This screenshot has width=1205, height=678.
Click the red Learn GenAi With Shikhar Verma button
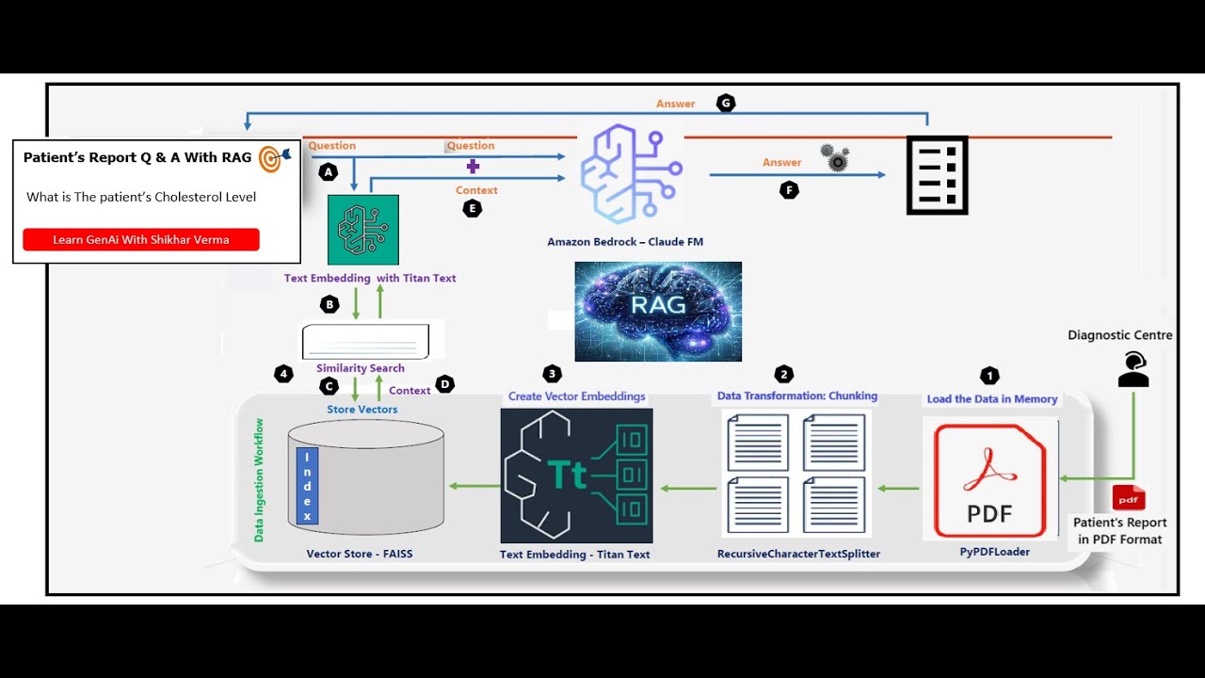click(x=141, y=239)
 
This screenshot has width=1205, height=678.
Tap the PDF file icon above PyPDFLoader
click(x=989, y=480)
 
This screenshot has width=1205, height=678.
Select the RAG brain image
click(x=658, y=311)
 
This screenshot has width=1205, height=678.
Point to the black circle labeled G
click(x=725, y=104)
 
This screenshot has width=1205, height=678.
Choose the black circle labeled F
click(x=789, y=190)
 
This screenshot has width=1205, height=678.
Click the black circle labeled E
click(x=473, y=209)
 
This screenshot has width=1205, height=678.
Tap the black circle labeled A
click(x=328, y=172)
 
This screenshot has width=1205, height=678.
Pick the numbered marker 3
click(x=553, y=374)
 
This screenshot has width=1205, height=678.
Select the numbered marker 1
click(x=988, y=376)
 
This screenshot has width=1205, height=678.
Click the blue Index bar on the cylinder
click(x=307, y=486)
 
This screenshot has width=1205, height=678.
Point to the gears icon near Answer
click(x=835, y=157)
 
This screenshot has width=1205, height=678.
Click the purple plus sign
click(x=473, y=166)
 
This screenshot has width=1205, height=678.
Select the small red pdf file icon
click(x=1129, y=498)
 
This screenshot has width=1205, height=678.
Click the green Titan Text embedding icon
click(x=363, y=230)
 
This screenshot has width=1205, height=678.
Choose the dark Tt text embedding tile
click(x=576, y=476)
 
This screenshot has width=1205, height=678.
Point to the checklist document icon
click(x=937, y=175)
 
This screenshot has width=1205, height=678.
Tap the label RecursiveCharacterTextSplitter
click(x=798, y=554)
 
